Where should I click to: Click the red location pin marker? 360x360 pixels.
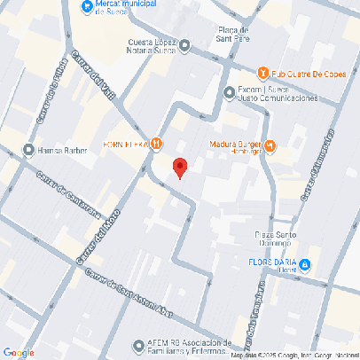[x=179, y=167]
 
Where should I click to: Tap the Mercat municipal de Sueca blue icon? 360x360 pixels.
[x=86, y=7]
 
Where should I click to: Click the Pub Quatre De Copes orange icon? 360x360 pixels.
[x=262, y=73]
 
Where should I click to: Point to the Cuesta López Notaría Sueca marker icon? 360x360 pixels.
[x=184, y=46]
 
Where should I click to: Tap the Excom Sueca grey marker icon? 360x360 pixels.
[x=230, y=91]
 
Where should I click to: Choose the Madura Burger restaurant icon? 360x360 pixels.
[x=270, y=145]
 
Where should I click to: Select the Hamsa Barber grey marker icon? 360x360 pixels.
[x=28, y=150]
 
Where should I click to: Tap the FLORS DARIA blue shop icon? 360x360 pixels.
[x=304, y=264]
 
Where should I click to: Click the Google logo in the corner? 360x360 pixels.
[x=19, y=351]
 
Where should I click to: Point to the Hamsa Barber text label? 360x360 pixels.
[x=62, y=150]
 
